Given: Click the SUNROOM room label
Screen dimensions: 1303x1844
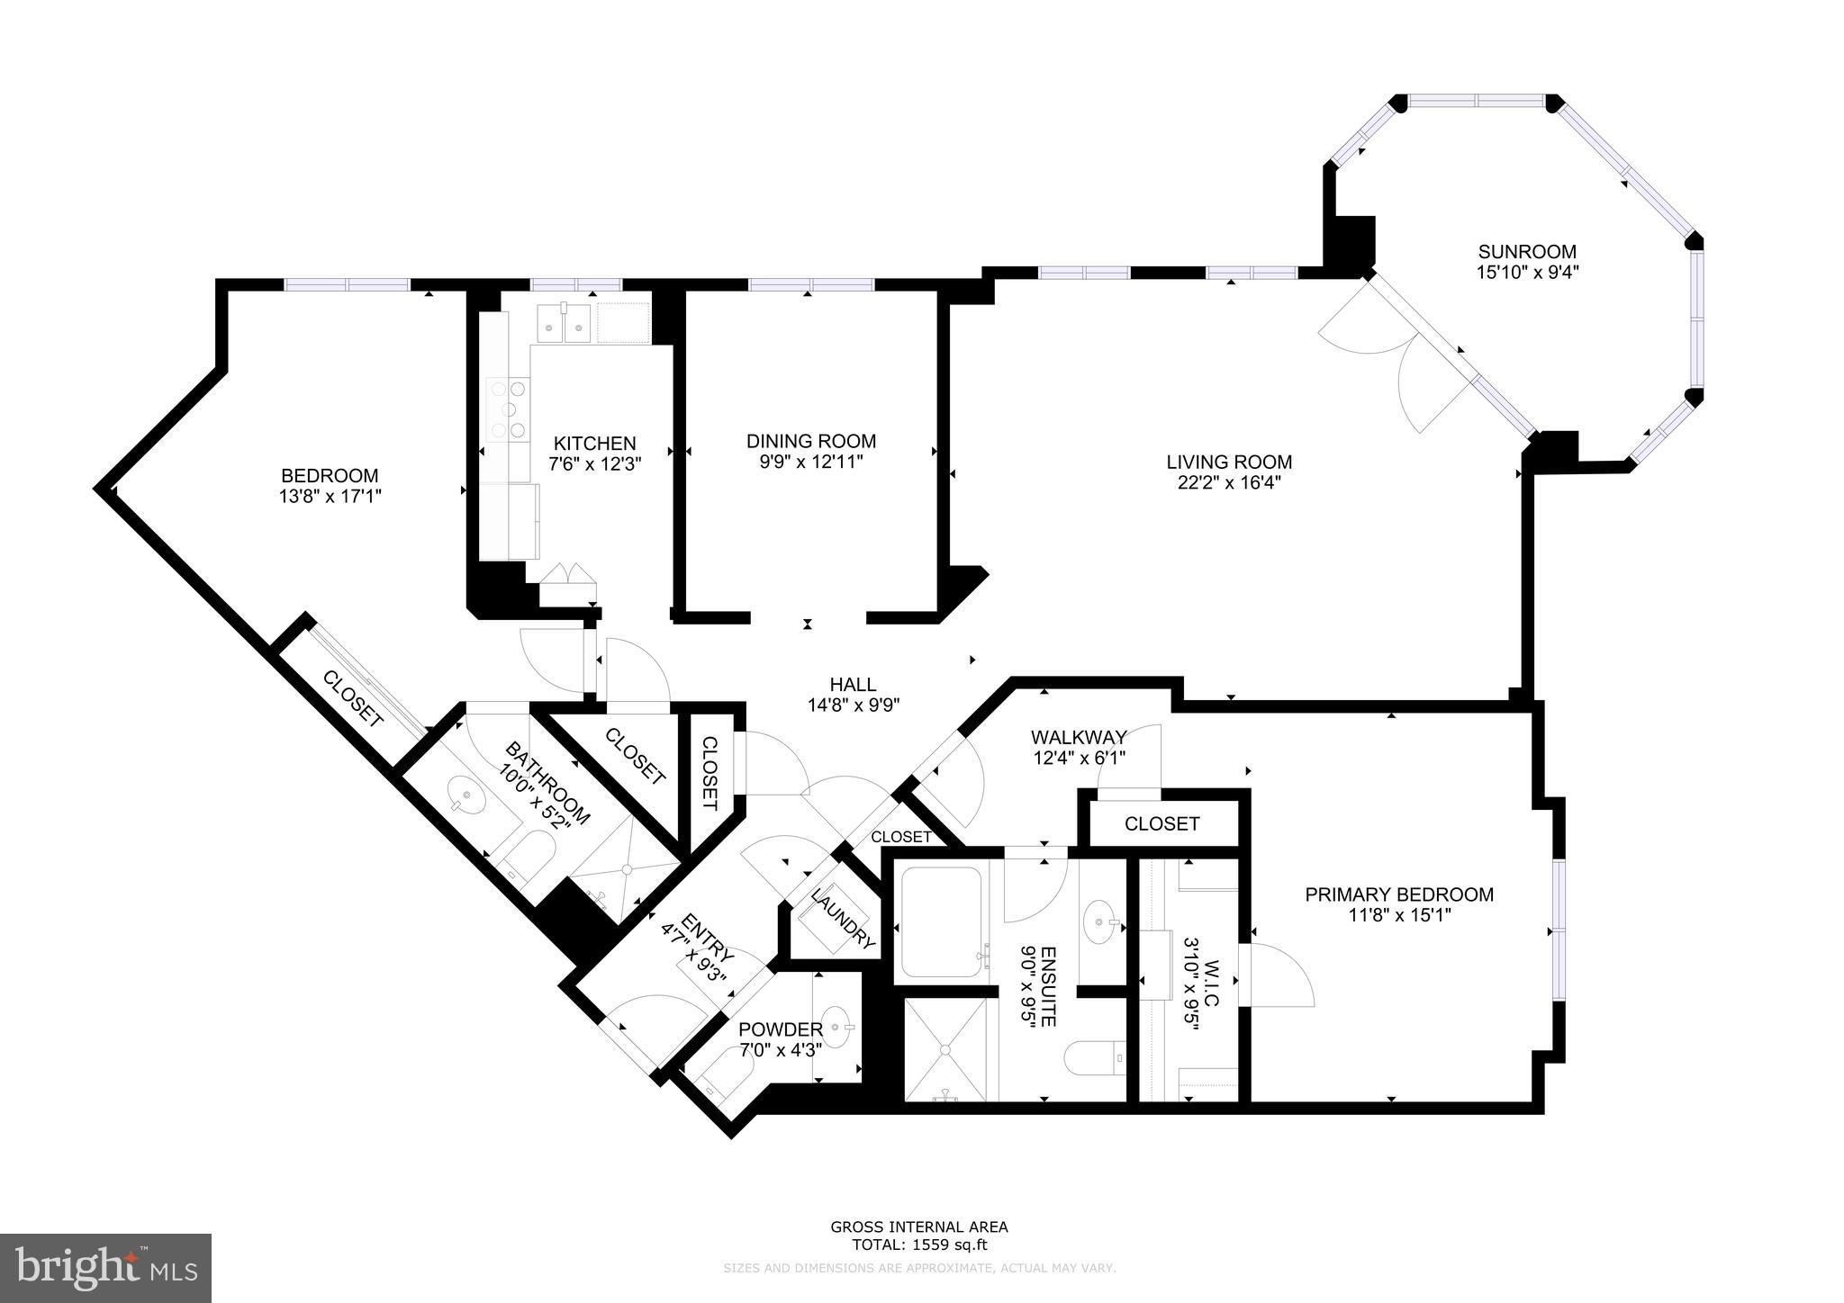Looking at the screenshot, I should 1527,252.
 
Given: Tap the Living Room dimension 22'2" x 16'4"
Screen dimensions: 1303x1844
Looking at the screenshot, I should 1229,482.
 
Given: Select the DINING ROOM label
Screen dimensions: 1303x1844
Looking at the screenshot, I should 810,441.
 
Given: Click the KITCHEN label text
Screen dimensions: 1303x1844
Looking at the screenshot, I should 594,443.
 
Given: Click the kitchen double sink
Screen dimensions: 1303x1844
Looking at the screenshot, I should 564,323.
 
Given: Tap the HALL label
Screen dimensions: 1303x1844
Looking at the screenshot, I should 854,685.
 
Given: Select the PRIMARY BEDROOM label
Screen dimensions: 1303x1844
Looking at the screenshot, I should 1398,894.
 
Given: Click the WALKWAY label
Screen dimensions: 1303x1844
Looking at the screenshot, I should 1079,738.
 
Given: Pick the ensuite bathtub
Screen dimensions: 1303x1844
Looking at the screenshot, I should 942,922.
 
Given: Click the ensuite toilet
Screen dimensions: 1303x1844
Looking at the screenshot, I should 1095,1058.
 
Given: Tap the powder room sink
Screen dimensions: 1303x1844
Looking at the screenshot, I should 838,1027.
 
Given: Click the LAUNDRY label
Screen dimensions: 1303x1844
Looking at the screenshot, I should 842,918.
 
